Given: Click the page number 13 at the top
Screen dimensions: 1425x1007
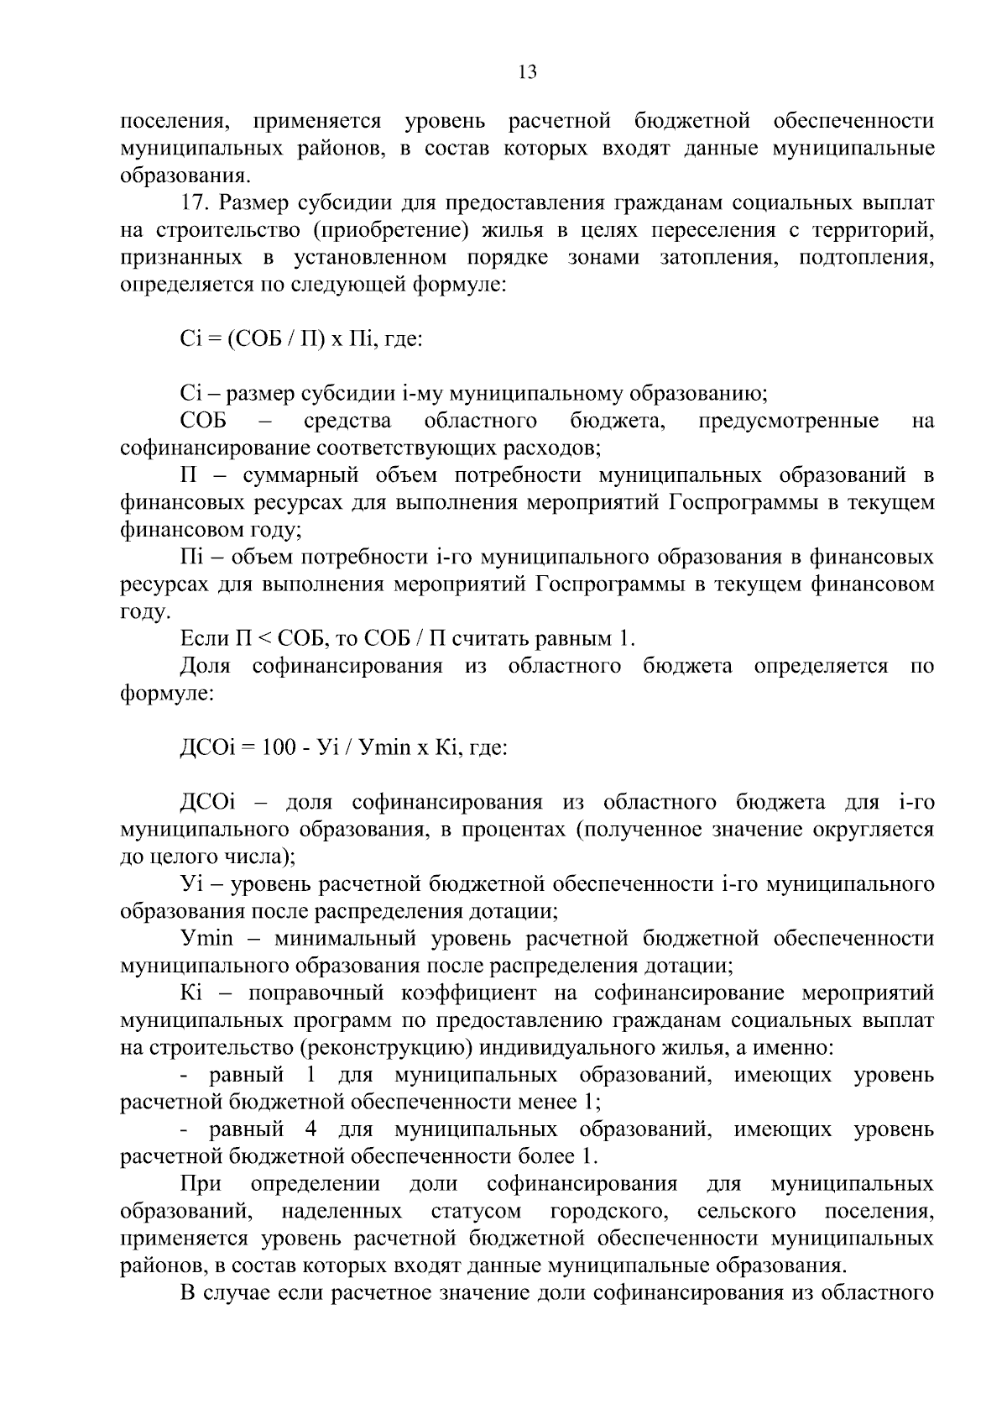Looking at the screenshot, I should pos(527,72).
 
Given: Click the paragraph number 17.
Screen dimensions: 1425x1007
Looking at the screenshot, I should pos(196,203).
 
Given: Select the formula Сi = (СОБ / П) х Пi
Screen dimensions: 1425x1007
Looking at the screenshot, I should pos(300,338).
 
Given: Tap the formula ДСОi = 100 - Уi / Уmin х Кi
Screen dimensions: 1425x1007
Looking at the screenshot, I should pos(343,747).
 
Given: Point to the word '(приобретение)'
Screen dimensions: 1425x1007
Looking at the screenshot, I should pos(376,231).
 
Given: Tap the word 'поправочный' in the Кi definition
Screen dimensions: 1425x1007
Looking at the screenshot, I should pos(316,993).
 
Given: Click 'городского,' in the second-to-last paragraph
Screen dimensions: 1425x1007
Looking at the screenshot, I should pos(608,1211).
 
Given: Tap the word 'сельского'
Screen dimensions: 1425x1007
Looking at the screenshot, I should pos(745,1211).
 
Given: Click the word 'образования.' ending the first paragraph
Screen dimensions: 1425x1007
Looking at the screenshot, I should pos(185,176).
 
